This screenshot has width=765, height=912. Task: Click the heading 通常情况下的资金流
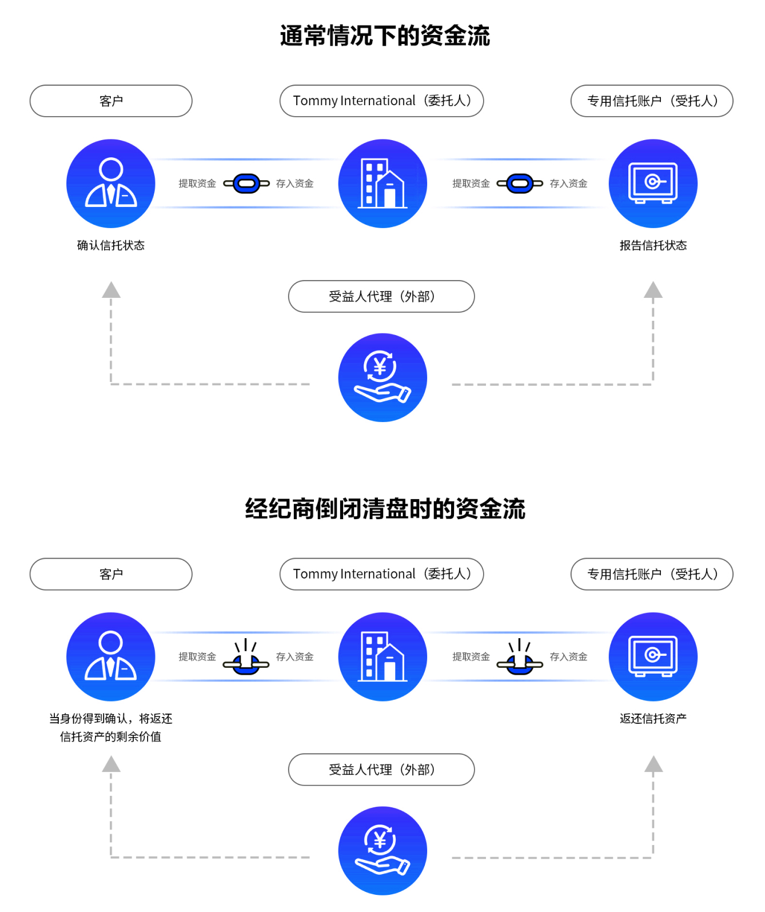tap(385, 35)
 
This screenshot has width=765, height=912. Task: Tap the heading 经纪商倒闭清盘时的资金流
tap(385, 508)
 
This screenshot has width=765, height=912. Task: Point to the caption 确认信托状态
tap(111, 245)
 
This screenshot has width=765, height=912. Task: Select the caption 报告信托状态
tap(653, 245)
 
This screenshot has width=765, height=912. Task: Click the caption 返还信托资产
tap(653, 718)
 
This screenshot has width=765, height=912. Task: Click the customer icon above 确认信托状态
tap(111, 184)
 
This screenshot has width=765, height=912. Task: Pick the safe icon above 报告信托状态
tap(653, 184)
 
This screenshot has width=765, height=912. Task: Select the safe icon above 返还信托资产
tap(653, 656)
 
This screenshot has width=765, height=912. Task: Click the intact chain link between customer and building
tap(246, 184)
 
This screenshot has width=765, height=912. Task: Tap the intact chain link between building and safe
tap(520, 184)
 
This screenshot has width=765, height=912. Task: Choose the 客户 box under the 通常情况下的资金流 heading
tap(111, 101)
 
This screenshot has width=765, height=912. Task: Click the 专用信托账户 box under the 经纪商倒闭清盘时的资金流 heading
tap(652, 574)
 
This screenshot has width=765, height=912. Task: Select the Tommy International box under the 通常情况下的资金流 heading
tap(381, 101)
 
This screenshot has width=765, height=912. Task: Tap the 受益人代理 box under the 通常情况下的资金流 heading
tap(381, 296)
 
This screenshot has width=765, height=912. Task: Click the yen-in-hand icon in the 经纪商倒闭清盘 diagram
tap(382, 850)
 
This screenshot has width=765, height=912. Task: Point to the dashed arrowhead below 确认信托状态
tap(111, 290)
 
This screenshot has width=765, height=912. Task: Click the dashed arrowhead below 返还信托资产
tap(653, 764)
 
